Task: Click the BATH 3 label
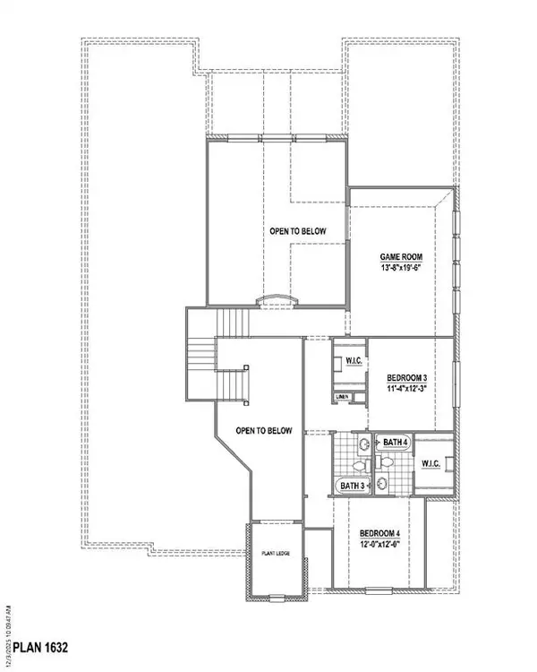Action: [352, 486]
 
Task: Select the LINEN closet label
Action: [341, 396]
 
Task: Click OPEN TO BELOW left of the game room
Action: [297, 231]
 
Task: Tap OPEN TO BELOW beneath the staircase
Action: [264, 431]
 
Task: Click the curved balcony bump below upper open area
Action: [276, 300]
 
